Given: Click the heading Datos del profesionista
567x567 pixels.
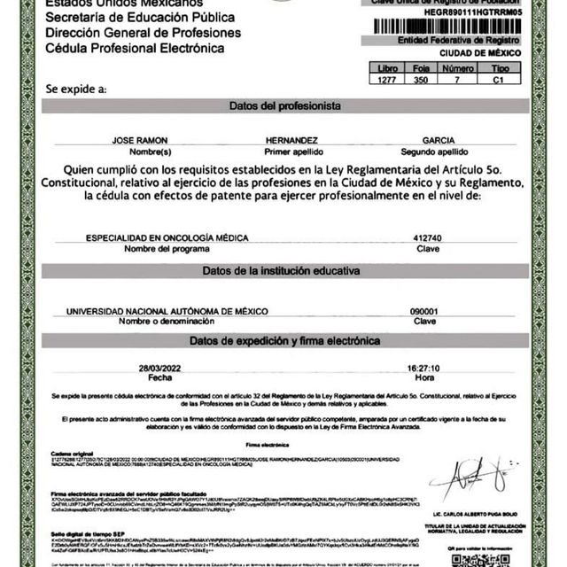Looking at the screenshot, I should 284,105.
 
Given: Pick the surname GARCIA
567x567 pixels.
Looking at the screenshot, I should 439,140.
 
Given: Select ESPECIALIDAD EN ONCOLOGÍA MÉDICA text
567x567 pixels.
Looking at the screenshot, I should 167,237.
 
